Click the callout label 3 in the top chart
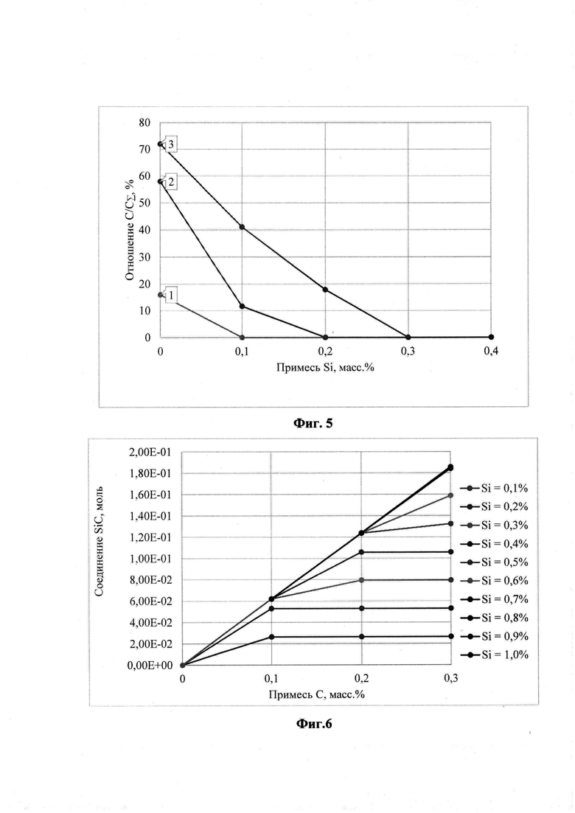click(x=170, y=144)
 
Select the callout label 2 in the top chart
click(x=170, y=182)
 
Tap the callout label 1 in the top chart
click(x=170, y=296)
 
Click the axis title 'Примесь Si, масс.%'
click(x=325, y=367)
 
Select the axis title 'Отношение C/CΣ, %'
click(x=130, y=226)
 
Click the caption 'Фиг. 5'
click(x=313, y=424)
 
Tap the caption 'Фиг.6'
click(x=314, y=723)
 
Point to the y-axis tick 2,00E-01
click(x=150, y=453)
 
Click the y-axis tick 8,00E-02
click(x=150, y=580)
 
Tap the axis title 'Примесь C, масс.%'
click(x=316, y=694)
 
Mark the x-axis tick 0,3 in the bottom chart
click(x=450, y=678)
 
